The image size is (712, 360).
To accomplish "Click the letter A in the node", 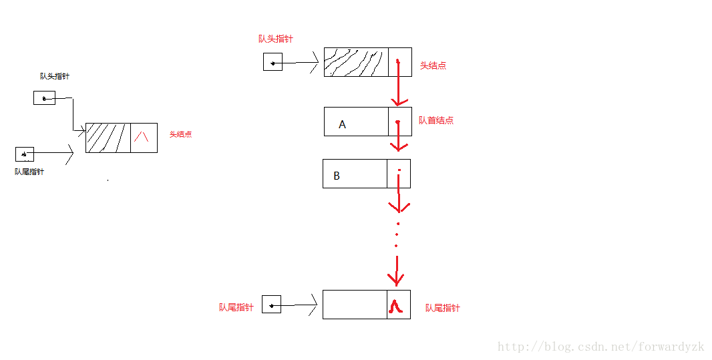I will coord(343,124).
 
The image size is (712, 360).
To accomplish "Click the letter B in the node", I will coord(337,176).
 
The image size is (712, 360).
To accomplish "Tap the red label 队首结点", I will coord(436,120).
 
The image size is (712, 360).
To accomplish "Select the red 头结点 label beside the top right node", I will coord(433,65).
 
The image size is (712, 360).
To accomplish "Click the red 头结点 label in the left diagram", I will coord(180,134).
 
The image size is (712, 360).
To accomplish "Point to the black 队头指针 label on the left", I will coord(54,76).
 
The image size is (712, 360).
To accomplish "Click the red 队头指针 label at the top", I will coord(275,39).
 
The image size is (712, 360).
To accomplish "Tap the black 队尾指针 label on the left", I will coord(29,172).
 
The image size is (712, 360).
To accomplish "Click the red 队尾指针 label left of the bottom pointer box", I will coord(236,307).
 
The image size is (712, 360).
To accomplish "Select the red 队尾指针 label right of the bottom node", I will coord(442,308).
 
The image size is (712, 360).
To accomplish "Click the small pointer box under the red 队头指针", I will coord(273,63).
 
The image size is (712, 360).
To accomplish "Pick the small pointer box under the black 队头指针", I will coord(44,98).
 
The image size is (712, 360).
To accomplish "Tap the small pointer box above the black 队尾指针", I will coord(25,154).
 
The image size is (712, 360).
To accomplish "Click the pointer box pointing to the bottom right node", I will coord(271,305).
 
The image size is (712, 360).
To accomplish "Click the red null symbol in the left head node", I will coord(141,137).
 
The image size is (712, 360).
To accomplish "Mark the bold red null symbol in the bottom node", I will coord(396,306).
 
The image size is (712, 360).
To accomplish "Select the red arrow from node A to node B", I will coord(398,138).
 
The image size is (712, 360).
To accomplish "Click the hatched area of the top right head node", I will coord(355,62).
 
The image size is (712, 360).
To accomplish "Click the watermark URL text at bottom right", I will coord(601,347).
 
